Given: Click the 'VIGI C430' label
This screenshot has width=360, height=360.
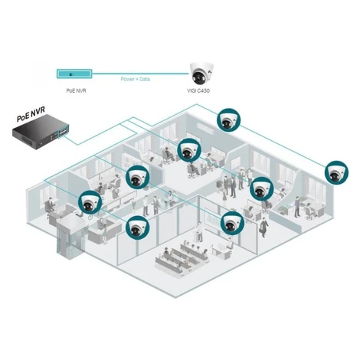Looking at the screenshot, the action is coord(198,90).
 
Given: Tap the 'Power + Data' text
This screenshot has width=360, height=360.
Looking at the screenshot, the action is coord(136,79).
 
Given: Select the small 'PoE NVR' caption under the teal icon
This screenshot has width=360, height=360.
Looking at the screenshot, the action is coord(76,90).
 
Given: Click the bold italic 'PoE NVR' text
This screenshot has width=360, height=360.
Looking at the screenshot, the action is coord(31,114).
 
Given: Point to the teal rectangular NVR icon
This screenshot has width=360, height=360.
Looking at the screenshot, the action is coord(74,74).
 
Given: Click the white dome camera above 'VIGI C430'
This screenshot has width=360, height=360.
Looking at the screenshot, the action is coord(201,73).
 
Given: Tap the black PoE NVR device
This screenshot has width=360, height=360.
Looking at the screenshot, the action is coord(41,132).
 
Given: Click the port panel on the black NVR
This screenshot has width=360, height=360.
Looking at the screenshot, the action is coord(64,133).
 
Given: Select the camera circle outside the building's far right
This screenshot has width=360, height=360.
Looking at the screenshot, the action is coord(336,172).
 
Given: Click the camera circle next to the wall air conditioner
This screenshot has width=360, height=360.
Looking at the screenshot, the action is coord(228,120).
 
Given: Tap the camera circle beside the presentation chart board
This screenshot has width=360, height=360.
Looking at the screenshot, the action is coord(232,223).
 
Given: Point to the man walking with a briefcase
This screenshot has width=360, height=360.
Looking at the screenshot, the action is coord(263,227).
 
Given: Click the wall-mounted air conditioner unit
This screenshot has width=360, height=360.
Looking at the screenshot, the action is coord(205,128).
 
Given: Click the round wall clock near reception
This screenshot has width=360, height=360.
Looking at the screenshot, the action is coord(90,218).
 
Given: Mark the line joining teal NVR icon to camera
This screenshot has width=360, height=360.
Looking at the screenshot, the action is coord(141,74).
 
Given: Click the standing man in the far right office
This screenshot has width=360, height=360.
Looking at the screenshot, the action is coord(296,207).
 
